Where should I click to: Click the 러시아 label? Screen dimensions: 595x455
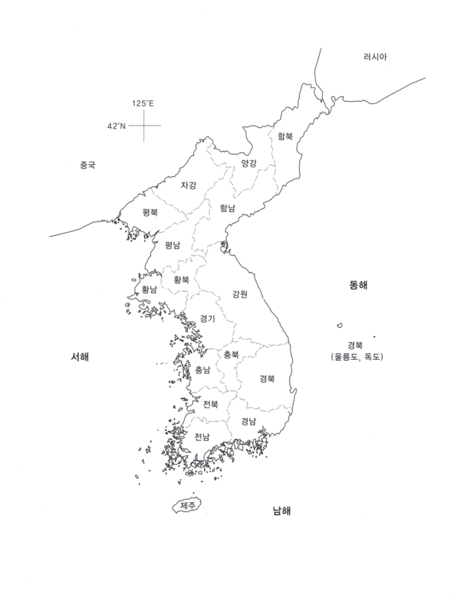point(375,57)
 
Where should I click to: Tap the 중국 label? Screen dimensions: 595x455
point(88,165)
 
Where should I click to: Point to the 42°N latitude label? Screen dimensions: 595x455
point(117,126)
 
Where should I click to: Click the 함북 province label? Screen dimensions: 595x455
point(285,136)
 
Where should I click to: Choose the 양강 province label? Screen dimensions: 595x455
point(248,162)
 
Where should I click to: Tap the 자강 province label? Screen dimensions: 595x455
point(189,185)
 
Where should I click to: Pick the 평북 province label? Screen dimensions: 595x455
point(150,212)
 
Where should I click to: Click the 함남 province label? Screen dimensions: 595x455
point(227,208)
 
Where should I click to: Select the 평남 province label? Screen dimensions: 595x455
point(172,245)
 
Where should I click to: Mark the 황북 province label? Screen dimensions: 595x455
point(181,280)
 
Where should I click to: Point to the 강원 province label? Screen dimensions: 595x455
point(239,293)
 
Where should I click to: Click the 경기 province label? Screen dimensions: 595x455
point(207,318)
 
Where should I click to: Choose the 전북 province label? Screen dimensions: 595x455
point(210,404)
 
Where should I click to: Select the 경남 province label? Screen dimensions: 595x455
point(248,420)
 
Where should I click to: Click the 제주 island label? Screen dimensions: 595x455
point(187,506)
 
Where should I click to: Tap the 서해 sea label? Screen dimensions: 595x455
point(80,357)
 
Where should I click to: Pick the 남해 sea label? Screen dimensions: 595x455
point(281,511)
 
